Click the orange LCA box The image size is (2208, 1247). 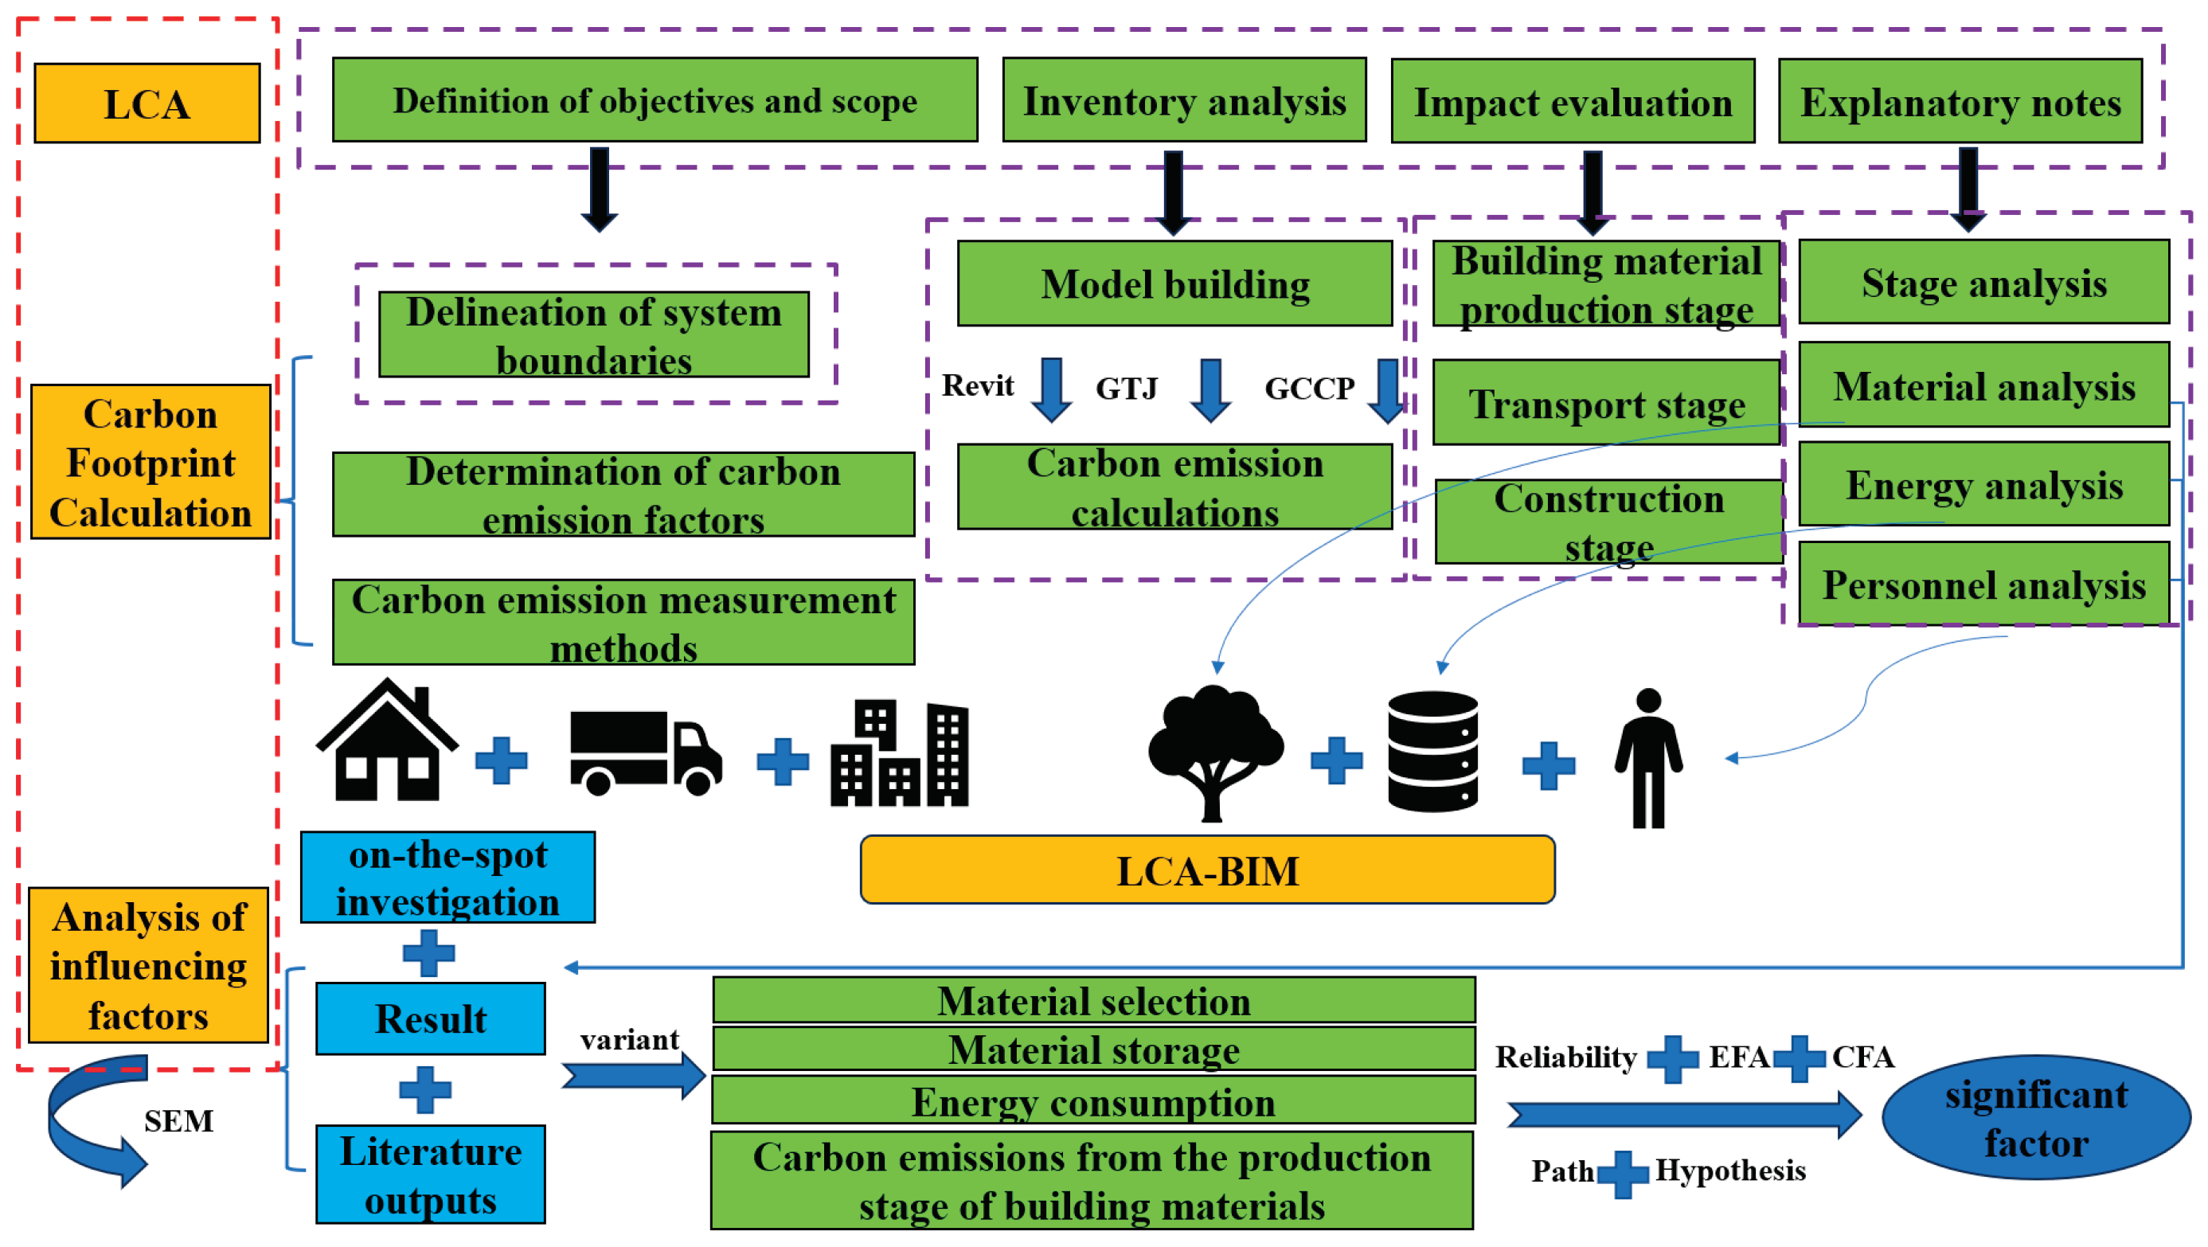point(147,103)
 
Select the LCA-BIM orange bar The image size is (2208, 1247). point(1207,870)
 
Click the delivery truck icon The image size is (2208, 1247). point(645,752)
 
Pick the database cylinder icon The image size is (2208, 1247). point(1432,751)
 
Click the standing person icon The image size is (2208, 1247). point(1647,759)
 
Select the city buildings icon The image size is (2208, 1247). point(899,754)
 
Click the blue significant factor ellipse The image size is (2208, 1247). point(2035,1117)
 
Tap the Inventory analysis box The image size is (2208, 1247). point(1184,101)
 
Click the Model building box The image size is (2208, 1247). point(1174,283)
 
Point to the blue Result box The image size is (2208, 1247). point(430,1018)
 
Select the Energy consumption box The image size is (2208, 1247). point(1093,1101)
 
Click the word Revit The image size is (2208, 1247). point(977,385)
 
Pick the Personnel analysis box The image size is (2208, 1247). point(1983,584)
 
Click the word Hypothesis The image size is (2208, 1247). point(1729,1170)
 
